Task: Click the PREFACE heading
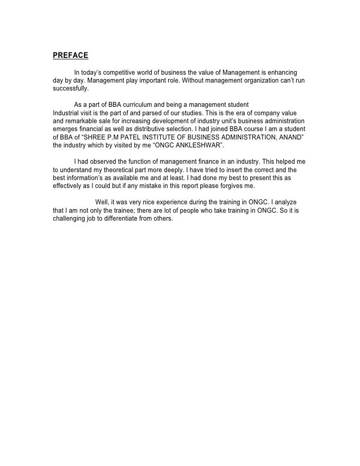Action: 70,55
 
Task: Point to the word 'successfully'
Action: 70,90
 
